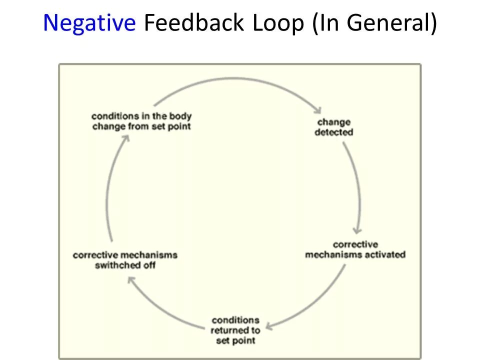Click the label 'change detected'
pos(334,127)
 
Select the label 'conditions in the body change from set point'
pos(141,121)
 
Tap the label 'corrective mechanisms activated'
pos(355,249)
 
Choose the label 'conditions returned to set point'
pos(235,330)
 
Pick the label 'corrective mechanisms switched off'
pos(125,260)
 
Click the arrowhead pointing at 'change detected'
pos(316,109)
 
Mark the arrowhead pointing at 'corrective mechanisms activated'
pos(356,230)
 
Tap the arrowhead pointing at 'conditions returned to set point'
pos(269,326)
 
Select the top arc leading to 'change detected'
pos(235,78)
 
